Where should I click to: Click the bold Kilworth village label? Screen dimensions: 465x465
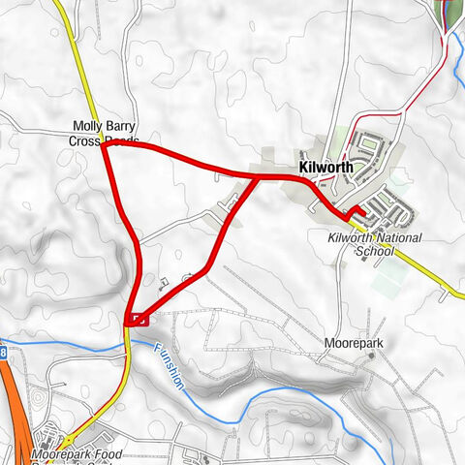pos(326,167)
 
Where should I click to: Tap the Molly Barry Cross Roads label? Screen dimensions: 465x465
pos(106,133)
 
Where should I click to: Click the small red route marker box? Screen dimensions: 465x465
pos(137,318)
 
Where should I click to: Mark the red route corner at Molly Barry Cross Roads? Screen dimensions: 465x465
pos(103,145)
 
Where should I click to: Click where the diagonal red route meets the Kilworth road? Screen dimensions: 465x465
pos(255,177)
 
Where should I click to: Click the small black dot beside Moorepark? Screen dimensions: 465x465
pos(370,356)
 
